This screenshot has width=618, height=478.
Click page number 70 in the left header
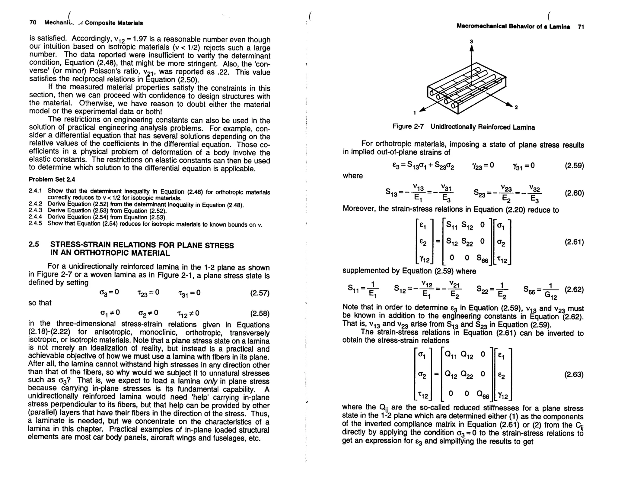tap(33, 23)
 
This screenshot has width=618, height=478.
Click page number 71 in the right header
tap(581, 27)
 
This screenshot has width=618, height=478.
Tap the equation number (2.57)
tap(260, 293)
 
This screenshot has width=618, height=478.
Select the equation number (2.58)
tap(260, 313)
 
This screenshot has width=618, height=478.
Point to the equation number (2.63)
tap(574, 375)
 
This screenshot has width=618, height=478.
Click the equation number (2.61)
tap(574, 242)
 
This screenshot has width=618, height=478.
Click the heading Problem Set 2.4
tap(52, 179)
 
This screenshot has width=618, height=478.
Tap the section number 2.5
tap(34, 245)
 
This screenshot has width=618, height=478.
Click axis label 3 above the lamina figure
tap(471, 41)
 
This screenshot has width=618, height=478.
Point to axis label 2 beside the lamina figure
tap(516, 107)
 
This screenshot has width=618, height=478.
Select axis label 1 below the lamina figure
tap(415, 113)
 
